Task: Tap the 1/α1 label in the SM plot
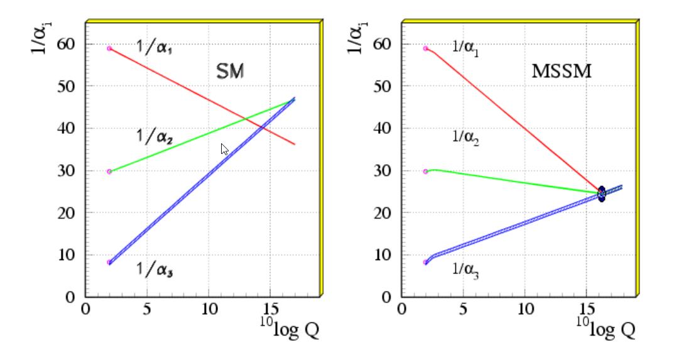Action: (155, 48)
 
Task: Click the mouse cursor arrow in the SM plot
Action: (224, 149)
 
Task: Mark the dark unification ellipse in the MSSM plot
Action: (601, 194)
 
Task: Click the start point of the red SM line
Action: (109, 48)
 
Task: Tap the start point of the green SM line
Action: (109, 172)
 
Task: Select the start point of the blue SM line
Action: (109, 262)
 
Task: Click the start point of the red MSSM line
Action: (425, 48)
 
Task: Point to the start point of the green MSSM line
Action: (425, 172)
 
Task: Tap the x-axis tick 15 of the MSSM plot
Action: (586, 308)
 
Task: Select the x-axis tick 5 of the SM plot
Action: (146, 308)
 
